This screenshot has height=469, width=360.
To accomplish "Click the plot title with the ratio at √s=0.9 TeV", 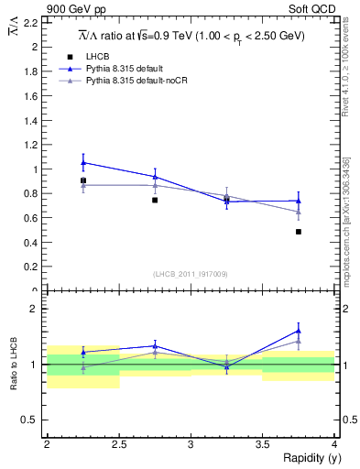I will point(191,36).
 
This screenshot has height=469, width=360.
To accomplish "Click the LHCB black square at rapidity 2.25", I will point(83,180).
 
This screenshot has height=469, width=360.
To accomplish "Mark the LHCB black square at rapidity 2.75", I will point(155,200).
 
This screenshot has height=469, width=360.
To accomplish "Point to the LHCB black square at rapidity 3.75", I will point(299,232).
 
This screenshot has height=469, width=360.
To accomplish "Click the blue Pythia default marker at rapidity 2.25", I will point(83,162).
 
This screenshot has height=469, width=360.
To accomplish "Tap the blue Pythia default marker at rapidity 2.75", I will point(155,177).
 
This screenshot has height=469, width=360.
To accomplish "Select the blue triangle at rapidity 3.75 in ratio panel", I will point(299,331).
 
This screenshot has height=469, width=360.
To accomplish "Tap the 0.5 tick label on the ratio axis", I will point(30,420).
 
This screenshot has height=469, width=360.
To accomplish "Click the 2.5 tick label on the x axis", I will point(119,443).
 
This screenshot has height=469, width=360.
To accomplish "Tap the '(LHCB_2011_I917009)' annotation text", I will point(191,274).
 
